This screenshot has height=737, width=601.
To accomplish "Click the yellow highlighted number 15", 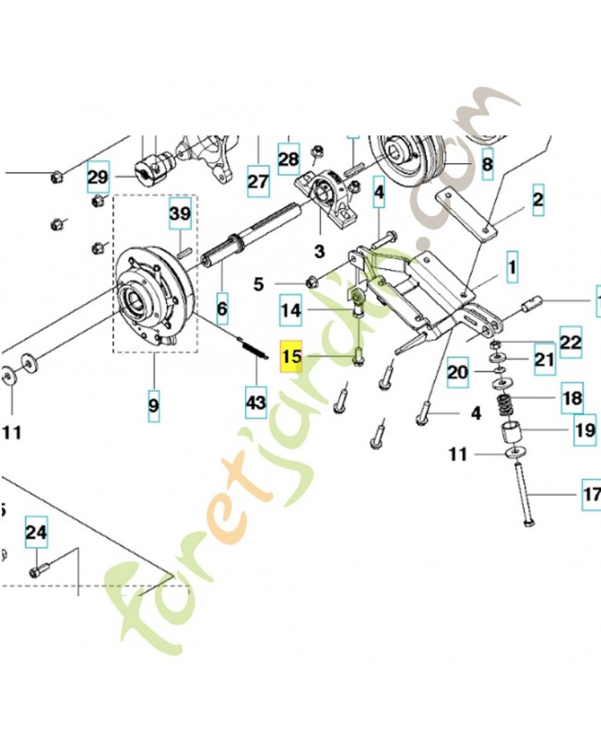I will click(292, 357).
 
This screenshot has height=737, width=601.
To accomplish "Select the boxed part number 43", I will click(255, 402).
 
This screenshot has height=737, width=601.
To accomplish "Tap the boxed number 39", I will click(180, 216).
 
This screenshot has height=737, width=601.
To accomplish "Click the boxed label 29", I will click(99, 175).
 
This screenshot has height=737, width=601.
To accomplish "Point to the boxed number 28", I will click(289, 159).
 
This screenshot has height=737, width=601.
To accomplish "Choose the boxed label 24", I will click(35, 532).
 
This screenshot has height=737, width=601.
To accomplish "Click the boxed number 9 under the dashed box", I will click(153, 403).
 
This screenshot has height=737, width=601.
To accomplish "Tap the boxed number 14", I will click(291, 311).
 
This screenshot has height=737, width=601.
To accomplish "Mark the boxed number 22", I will click(572, 343).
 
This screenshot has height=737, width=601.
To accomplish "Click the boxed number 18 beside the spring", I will click(572, 399).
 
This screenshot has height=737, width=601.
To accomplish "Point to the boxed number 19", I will click(583, 429).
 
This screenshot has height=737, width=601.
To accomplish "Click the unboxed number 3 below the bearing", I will click(320, 251).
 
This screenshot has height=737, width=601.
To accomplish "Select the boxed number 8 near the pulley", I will click(487, 166).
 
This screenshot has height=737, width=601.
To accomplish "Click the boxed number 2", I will click(537, 198).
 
